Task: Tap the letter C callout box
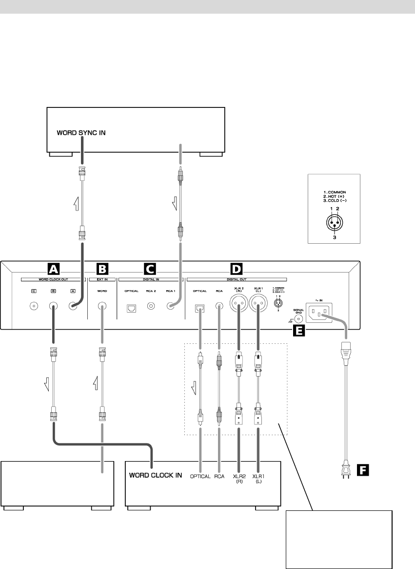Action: pos(150,268)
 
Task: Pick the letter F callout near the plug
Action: pos(362,471)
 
